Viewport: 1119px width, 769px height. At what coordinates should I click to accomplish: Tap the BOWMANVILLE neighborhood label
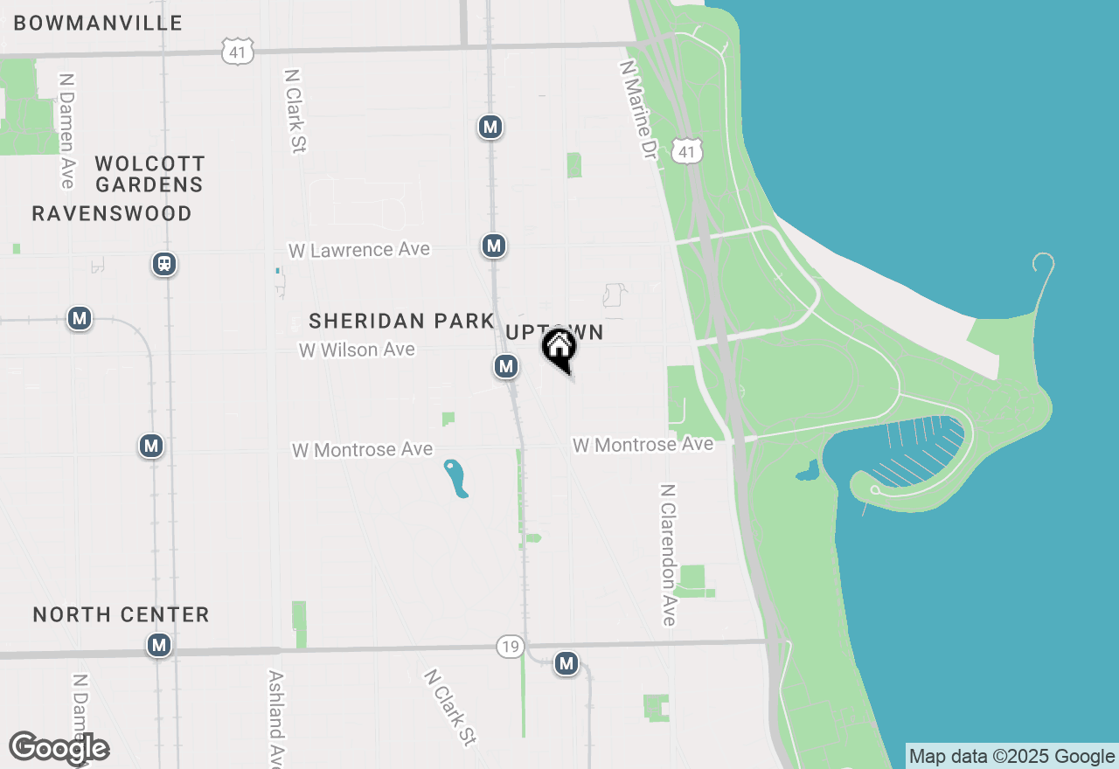point(98,24)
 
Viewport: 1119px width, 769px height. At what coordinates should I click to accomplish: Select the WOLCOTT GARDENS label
point(149,174)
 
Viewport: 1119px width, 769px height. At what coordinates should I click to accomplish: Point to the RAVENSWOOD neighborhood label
point(112,213)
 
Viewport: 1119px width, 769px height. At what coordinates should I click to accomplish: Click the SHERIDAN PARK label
point(401,321)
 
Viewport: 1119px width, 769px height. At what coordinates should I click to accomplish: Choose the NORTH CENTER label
point(121,614)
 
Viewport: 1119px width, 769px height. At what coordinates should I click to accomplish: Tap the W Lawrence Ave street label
point(359,250)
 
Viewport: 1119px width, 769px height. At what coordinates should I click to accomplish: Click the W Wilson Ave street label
point(357,350)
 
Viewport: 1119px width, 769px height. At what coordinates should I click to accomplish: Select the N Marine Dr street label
point(637,109)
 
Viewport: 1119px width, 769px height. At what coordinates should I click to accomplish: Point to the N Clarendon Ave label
point(669,555)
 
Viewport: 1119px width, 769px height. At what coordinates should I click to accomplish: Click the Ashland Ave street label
point(276,717)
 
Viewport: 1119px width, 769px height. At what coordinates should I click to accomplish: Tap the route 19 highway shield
point(511,647)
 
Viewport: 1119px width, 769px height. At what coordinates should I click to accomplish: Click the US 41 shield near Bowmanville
point(237,51)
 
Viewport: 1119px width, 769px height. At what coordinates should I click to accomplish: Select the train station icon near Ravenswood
point(163,264)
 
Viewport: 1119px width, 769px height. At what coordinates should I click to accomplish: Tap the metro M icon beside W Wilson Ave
point(505,366)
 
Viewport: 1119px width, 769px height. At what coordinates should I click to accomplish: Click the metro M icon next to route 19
point(566,663)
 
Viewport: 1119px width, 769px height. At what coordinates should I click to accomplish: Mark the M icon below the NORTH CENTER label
point(158,646)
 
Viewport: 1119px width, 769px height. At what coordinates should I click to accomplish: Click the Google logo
point(59,748)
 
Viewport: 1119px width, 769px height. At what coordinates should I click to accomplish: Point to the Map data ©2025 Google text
point(1012,757)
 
